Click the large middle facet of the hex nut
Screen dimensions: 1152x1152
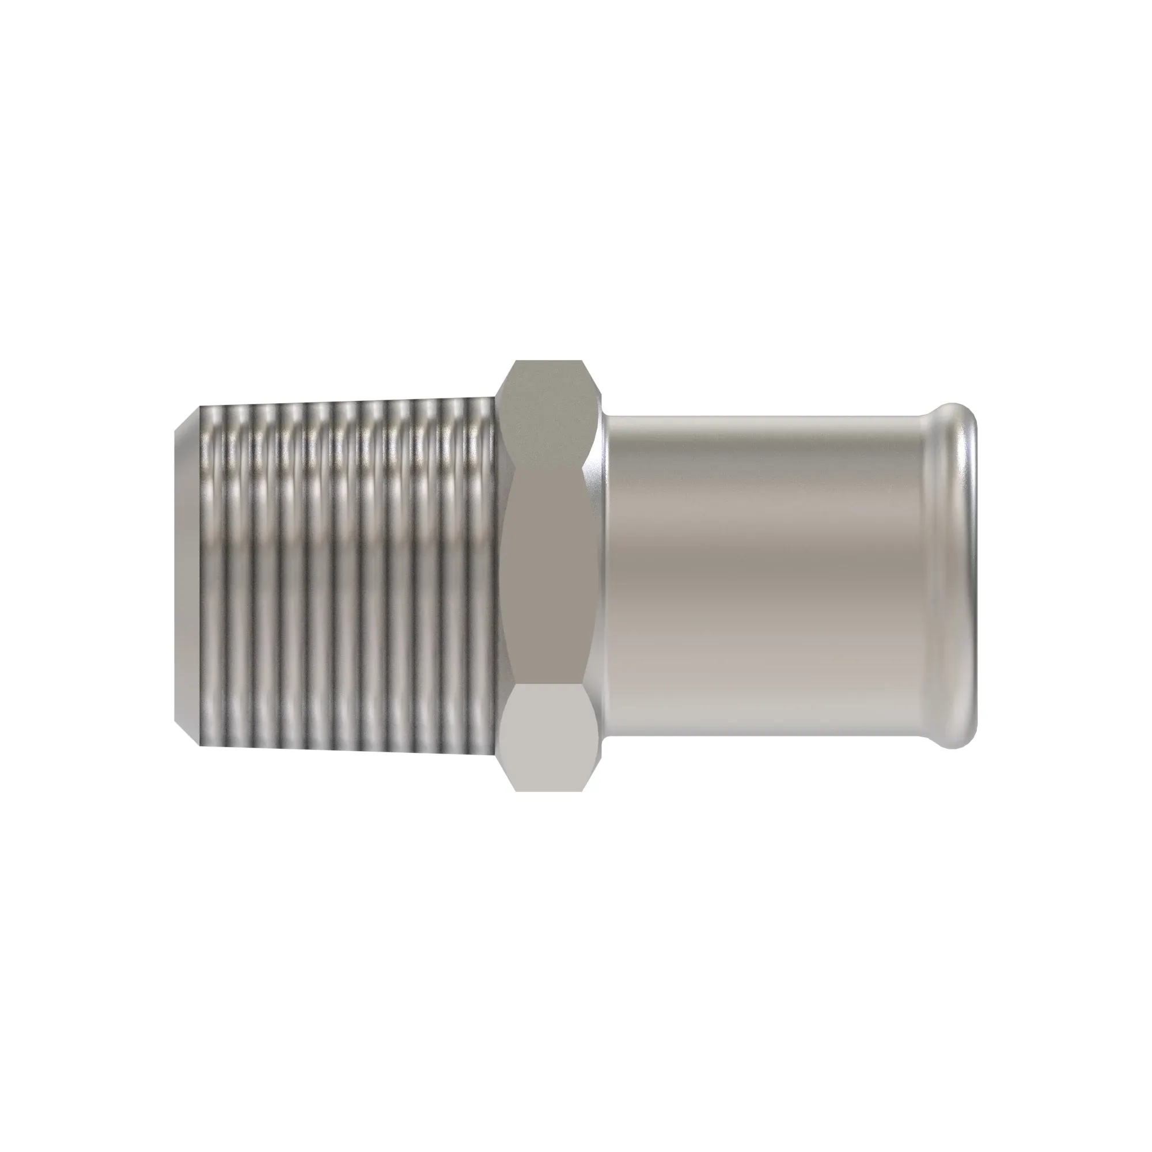coord(548,575)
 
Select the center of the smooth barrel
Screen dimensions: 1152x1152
coord(763,575)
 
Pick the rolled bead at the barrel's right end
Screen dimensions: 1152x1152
coord(957,575)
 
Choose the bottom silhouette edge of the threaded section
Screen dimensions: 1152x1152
coord(346,749)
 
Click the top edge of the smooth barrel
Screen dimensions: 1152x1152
coord(763,415)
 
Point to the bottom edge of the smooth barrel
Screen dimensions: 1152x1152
coord(763,738)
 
